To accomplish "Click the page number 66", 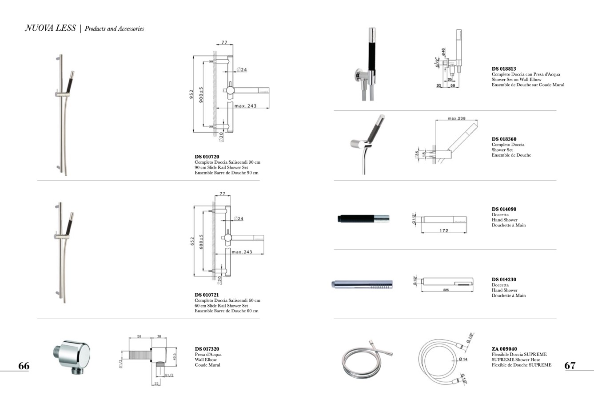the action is (24, 366).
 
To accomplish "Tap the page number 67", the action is (570, 366).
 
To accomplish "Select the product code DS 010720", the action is (207, 157).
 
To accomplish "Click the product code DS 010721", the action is (207, 295).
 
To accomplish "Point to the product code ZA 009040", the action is (504, 349).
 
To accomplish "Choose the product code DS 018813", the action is (504, 69).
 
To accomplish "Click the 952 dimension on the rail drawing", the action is (191, 94).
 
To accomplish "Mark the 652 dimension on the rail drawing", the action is (192, 241).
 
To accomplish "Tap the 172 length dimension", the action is (444, 230).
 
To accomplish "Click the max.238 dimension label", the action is (457, 118).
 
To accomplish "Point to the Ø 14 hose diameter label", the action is (463, 359).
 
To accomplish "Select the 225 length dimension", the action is (446, 290).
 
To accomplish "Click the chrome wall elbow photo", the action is (72, 356).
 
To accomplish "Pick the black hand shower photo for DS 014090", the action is (363, 218).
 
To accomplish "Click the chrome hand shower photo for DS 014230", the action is (362, 284).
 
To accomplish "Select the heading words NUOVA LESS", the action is (50, 28).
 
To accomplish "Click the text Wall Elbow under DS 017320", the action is (206, 360).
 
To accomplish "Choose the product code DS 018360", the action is (504, 139).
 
